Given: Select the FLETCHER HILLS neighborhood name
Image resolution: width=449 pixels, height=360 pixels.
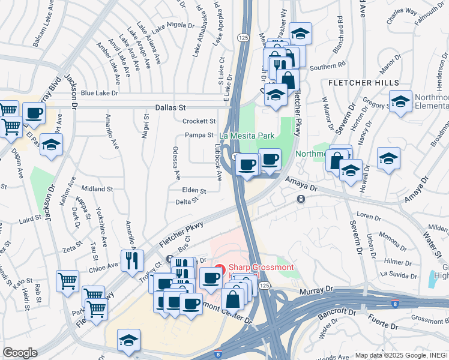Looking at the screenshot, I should tap(363, 82).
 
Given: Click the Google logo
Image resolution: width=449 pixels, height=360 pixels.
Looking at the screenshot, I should tap(20, 353).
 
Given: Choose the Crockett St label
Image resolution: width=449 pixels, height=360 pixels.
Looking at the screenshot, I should tap(199, 121).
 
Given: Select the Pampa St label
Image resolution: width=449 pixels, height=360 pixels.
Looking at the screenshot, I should tap(199, 135).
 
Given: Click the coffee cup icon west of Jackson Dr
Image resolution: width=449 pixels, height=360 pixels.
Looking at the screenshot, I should tap(34, 113).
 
